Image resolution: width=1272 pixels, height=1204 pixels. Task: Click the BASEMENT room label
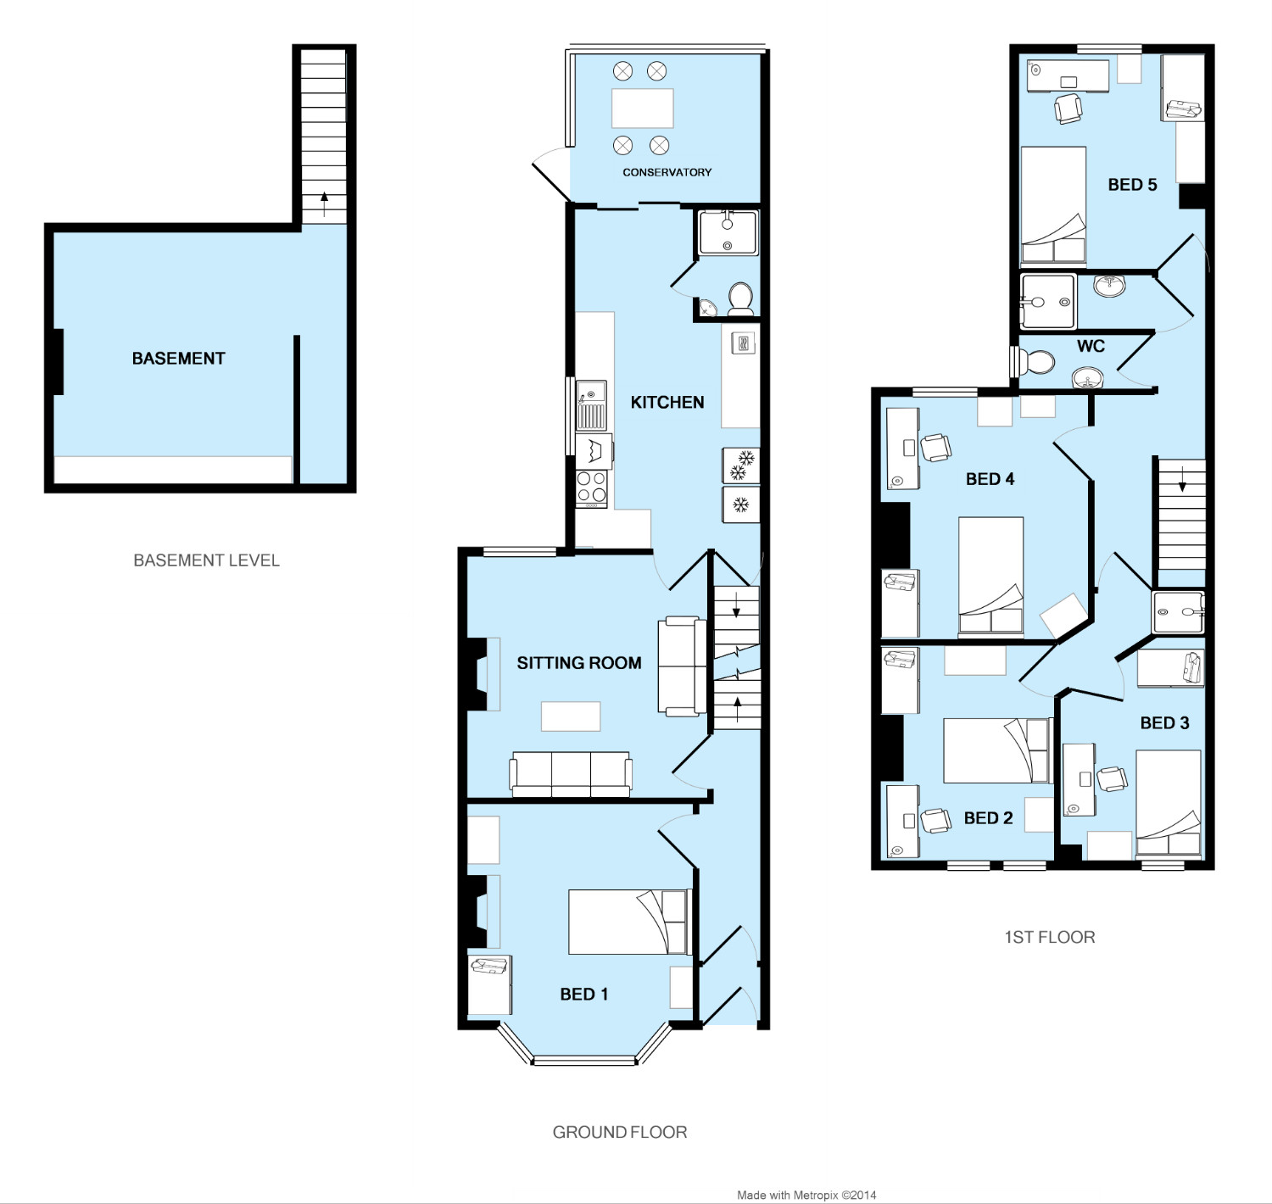pyautogui.click(x=179, y=359)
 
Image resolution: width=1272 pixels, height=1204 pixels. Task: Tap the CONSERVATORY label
pyautogui.click(x=667, y=172)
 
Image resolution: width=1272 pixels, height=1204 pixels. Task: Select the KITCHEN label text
pyautogui.click(x=667, y=403)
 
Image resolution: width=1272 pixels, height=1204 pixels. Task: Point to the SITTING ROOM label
pyautogui.click(x=579, y=662)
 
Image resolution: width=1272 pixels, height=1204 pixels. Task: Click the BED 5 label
pyautogui.click(x=1132, y=184)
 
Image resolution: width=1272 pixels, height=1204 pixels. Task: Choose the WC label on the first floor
pyautogui.click(x=1091, y=346)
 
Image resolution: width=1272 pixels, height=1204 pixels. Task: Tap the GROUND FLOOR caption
pyautogui.click(x=620, y=1132)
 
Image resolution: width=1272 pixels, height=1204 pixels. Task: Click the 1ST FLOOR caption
pyautogui.click(x=1050, y=938)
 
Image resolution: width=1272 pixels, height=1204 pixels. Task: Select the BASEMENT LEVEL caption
pyautogui.click(x=206, y=560)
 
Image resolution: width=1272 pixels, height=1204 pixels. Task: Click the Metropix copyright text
pyautogui.click(x=806, y=1196)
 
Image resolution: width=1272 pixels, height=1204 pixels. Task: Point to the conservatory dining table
pyautogui.click(x=643, y=108)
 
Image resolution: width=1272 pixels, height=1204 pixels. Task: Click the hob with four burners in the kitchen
pyautogui.click(x=591, y=488)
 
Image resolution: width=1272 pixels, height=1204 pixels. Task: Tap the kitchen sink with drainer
pyautogui.click(x=591, y=405)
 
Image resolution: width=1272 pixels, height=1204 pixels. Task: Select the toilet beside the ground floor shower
pyautogui.click(x=740, y=299)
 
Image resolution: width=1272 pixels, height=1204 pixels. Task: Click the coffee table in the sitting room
pyautogui.click(x=571, y=716)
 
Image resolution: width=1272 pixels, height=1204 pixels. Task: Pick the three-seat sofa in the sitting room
pyautogui.click(x=571, y=774)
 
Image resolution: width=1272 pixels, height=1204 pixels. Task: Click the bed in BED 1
pyautogui.click(x=629, y=923)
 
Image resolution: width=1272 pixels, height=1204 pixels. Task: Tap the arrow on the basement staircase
pyautogui.click(x=324, y=204)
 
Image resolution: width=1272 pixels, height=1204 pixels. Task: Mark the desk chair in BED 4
pyautogui.click(x=935, y=448)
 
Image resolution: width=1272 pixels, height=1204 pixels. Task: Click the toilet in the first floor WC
pyautogui.click(x=1035, y=362)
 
